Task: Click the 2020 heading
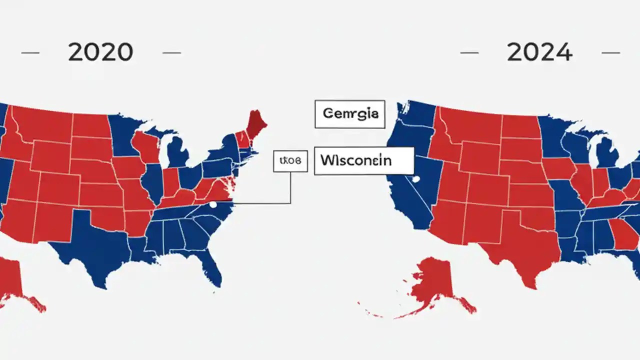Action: tap(100, 52)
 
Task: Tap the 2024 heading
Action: tap(539, 52)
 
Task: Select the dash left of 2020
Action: tap(30, 52)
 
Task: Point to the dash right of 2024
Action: tap(611, 52)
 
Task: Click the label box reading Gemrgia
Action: tap(350, 114)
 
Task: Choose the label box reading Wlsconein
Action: tap(363, 160)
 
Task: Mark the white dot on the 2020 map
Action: tap(213, 204)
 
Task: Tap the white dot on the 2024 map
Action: tap(413, 178)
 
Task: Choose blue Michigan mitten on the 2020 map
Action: tap(177, 152)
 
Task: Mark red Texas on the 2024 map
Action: tap(525, 245)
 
